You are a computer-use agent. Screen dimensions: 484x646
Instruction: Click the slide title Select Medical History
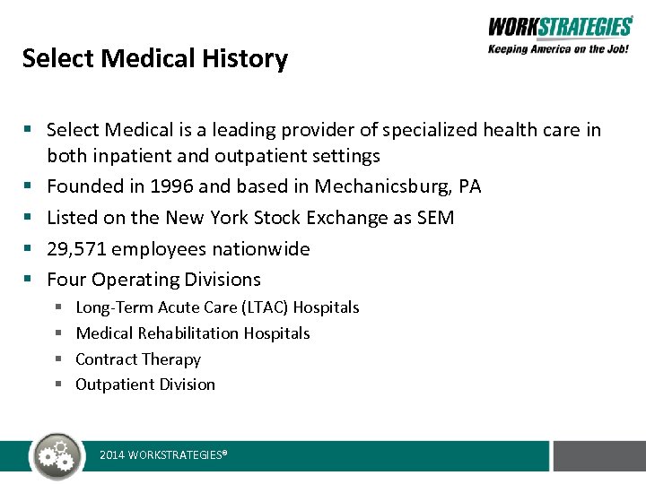tap(154, 59)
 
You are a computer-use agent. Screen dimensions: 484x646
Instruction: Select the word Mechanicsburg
tap(397, 186)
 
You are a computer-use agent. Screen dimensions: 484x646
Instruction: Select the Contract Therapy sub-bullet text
tap(138, 359)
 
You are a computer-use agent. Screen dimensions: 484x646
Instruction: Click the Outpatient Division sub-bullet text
tap(145, 385)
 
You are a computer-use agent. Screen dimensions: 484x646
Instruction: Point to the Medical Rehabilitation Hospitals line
tap(193, 333)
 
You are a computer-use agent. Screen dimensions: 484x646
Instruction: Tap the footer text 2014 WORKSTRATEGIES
tap(162, 455)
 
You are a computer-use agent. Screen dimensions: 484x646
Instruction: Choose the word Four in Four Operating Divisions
tap(66, 280)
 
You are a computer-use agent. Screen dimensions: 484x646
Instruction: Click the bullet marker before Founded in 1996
tap(29, 186)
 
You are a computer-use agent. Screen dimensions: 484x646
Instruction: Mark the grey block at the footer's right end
tap(598, 455)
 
